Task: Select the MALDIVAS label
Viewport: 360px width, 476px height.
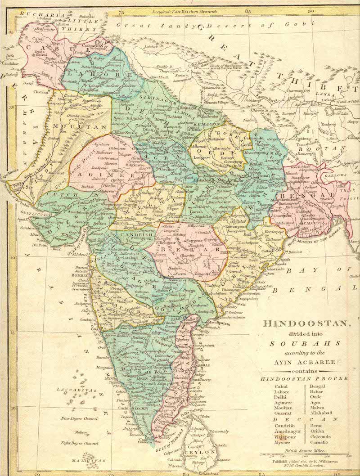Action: coord(90,460)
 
